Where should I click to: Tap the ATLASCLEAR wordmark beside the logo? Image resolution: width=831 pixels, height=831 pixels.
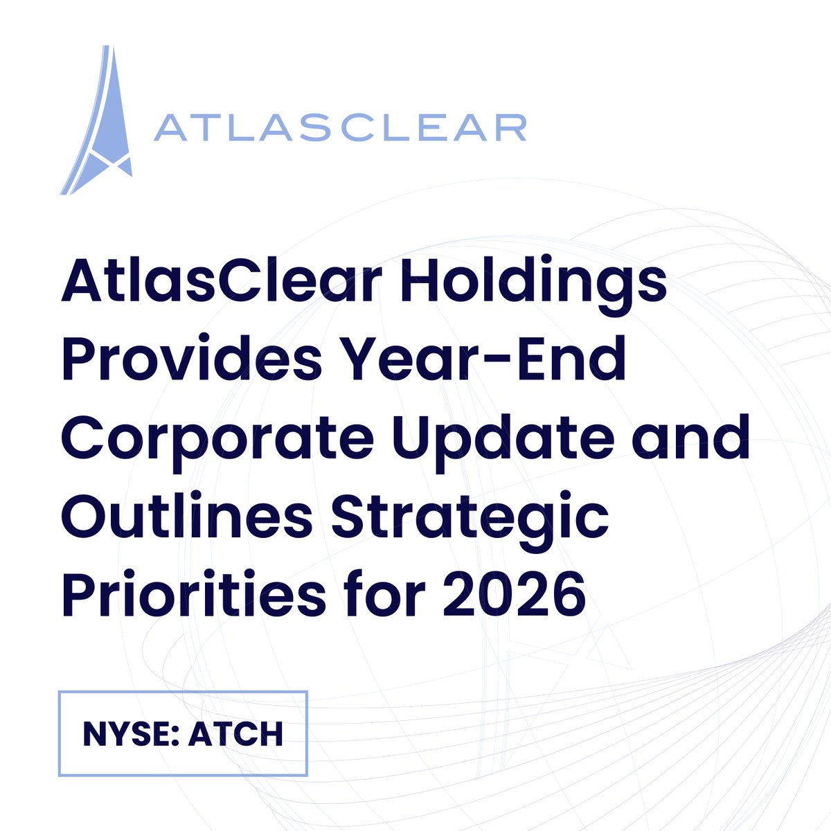click(x=339, y=129)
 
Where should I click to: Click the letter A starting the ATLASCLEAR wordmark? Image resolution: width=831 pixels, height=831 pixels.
click(x=168, y=129)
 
